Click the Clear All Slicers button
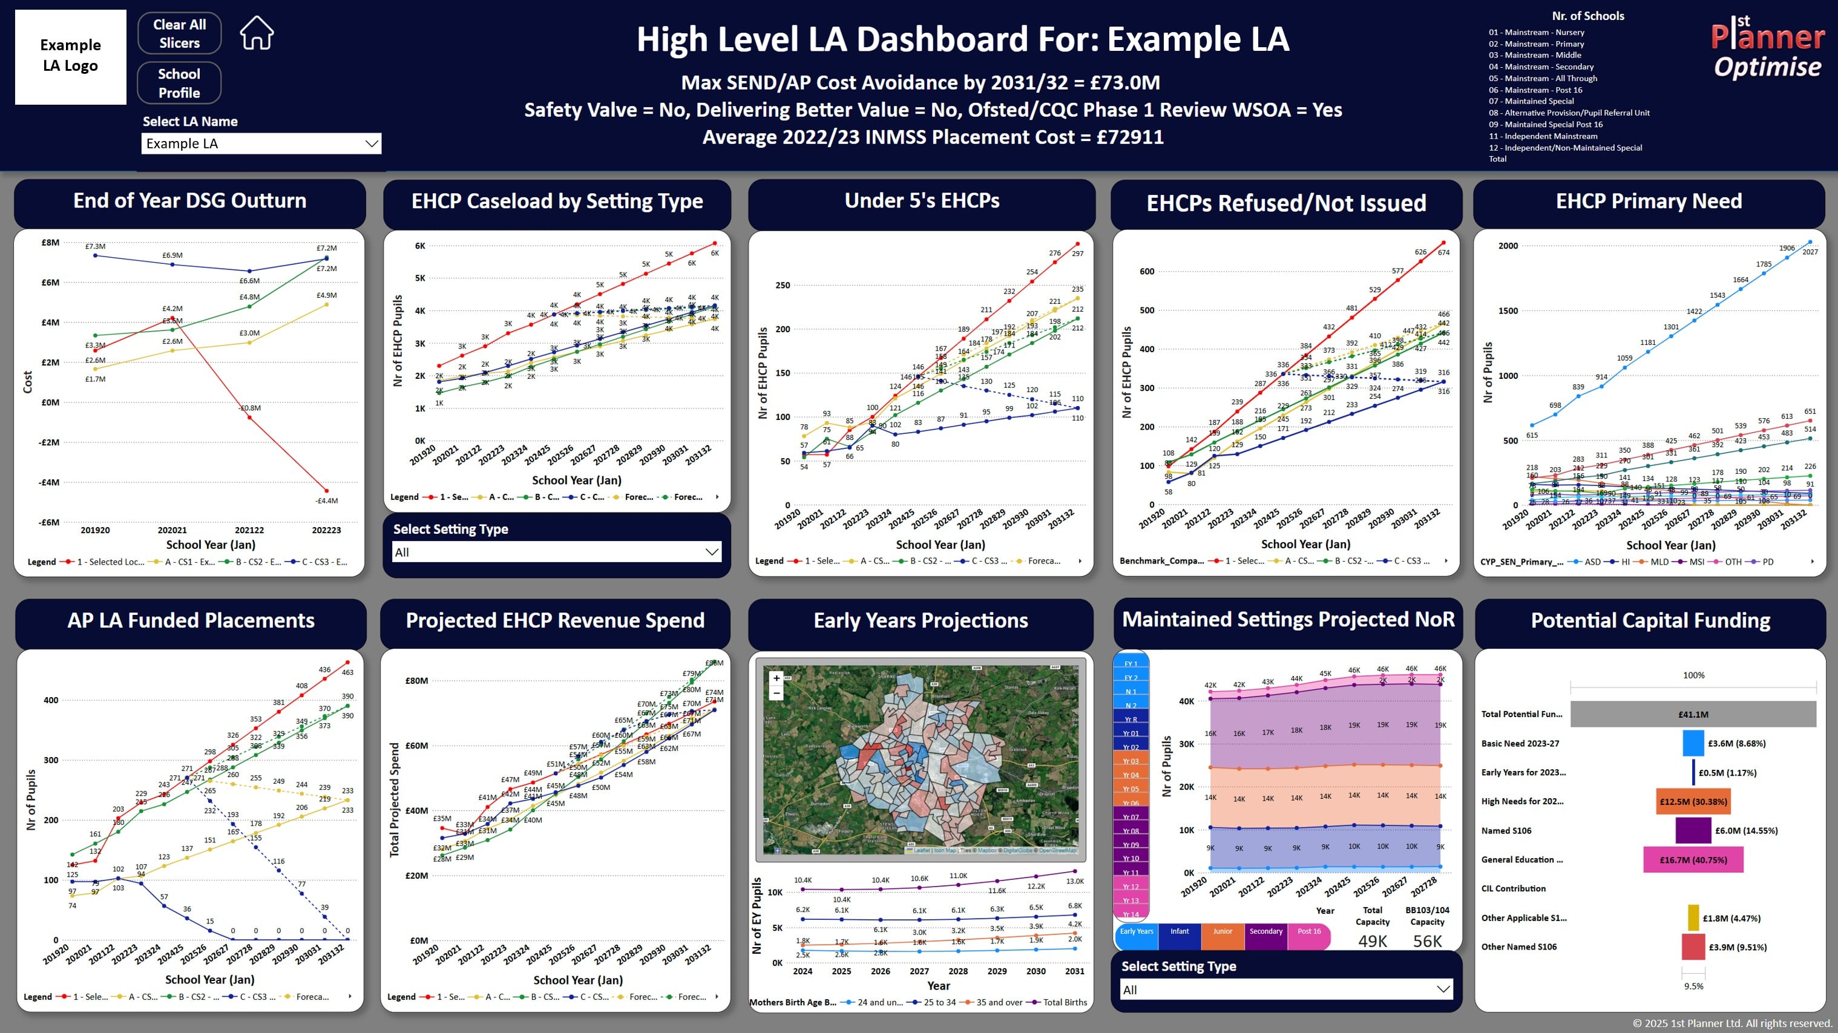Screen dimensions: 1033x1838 pos(179,33)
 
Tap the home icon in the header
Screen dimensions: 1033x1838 pos(257,33)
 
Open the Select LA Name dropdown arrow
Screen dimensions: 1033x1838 pos(371,143)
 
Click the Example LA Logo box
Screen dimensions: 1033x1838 pos(71,56)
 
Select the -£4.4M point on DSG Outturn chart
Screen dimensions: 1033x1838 pos(327,491)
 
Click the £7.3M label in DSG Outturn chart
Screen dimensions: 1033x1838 pos(95,246)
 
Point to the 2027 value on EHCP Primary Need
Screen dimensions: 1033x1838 pos(1810,252)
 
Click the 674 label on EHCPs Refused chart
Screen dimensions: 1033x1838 pos(1443,252)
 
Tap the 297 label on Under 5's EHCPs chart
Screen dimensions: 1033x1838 pos(1077,253)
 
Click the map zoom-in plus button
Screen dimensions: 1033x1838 pos(776,678)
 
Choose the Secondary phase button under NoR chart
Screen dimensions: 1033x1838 pos(1265,932)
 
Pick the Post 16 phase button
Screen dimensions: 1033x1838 pos(1308,932)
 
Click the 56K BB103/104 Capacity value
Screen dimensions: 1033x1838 pos(1427,941)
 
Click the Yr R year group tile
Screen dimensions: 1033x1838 pos(1131,720)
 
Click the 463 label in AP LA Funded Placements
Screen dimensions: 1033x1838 pos(347,672)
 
